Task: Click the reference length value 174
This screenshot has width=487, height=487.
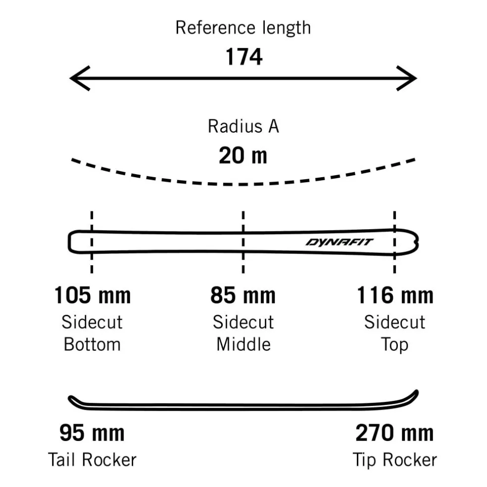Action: click(244, 57)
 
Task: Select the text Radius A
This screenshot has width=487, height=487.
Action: click(243, 126)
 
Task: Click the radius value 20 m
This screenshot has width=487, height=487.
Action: click(243, 155)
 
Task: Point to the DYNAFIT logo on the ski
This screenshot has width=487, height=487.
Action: click(339, 242)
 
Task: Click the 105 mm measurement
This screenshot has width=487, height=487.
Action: click(92, 295)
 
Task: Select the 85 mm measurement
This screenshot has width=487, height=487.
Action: click(243, 295)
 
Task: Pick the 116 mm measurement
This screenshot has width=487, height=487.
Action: click(395, 295)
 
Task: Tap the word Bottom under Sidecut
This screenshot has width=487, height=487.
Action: click(92, 344)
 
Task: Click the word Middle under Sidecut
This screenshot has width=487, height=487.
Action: click(243, 344)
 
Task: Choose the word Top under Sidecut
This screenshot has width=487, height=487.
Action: click(394, 345)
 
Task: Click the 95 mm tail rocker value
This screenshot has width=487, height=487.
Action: click(92, 433)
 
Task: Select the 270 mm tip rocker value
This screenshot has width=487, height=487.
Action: click(394, 433)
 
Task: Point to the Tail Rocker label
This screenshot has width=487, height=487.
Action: click(92, 460)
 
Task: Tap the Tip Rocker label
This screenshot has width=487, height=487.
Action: click(395, 460)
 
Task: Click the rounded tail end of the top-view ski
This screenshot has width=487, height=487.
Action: click(70, 242)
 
